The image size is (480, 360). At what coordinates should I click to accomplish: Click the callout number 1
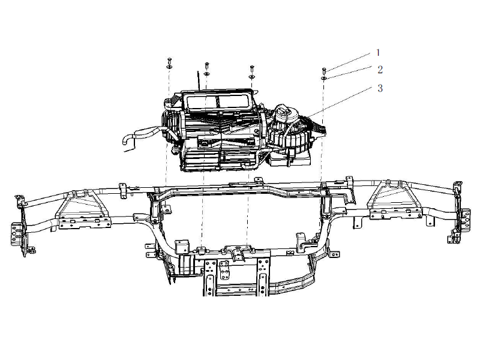[378, 53]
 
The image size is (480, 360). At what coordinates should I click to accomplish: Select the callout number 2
[380, 70]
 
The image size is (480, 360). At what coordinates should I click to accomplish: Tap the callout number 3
[380, 88]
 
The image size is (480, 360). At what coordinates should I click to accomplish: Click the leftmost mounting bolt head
[169, 59]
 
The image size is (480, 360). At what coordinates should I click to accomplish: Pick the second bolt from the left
[206, 65]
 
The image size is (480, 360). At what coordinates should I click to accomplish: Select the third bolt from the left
[251, 67]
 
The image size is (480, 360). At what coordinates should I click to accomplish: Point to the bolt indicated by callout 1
[324, 70]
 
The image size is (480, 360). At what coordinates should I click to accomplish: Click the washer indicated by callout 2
[324, 79]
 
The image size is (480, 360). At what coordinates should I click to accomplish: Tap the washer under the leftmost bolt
[169, 67]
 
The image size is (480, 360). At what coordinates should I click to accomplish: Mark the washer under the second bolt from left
[206, 73]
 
